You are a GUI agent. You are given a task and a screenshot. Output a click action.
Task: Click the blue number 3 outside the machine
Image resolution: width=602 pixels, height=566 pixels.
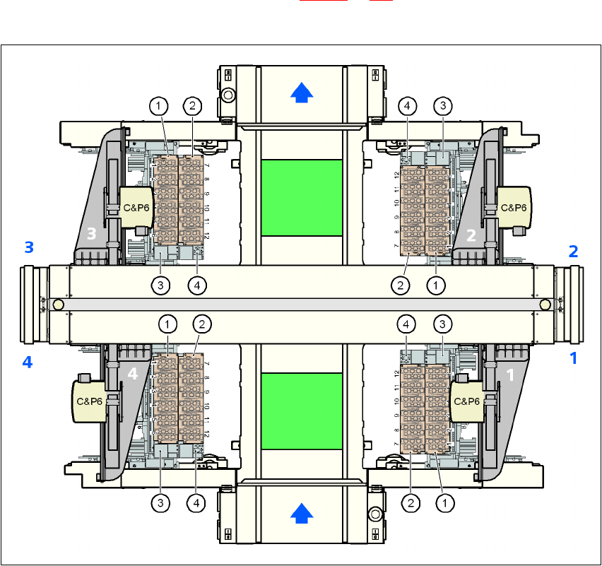[29, 247]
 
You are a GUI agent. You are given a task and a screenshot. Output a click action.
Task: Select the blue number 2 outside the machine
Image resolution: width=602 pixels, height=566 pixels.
[574, 251]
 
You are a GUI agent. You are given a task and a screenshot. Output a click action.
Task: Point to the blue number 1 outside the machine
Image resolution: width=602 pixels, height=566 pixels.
[574, 358]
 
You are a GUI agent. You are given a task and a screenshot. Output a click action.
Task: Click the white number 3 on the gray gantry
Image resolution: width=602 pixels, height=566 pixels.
[91, 233]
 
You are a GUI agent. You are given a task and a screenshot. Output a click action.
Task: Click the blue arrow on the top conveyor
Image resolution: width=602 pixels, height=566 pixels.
[302, 92]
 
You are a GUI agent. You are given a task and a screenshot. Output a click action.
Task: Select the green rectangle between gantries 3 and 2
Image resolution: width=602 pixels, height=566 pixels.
[302, 197]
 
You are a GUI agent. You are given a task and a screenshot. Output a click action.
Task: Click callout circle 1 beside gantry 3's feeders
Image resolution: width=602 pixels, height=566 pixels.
[159, 106]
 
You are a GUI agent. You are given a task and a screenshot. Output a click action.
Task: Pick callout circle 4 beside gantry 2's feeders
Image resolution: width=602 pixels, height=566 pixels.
[406, 106]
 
